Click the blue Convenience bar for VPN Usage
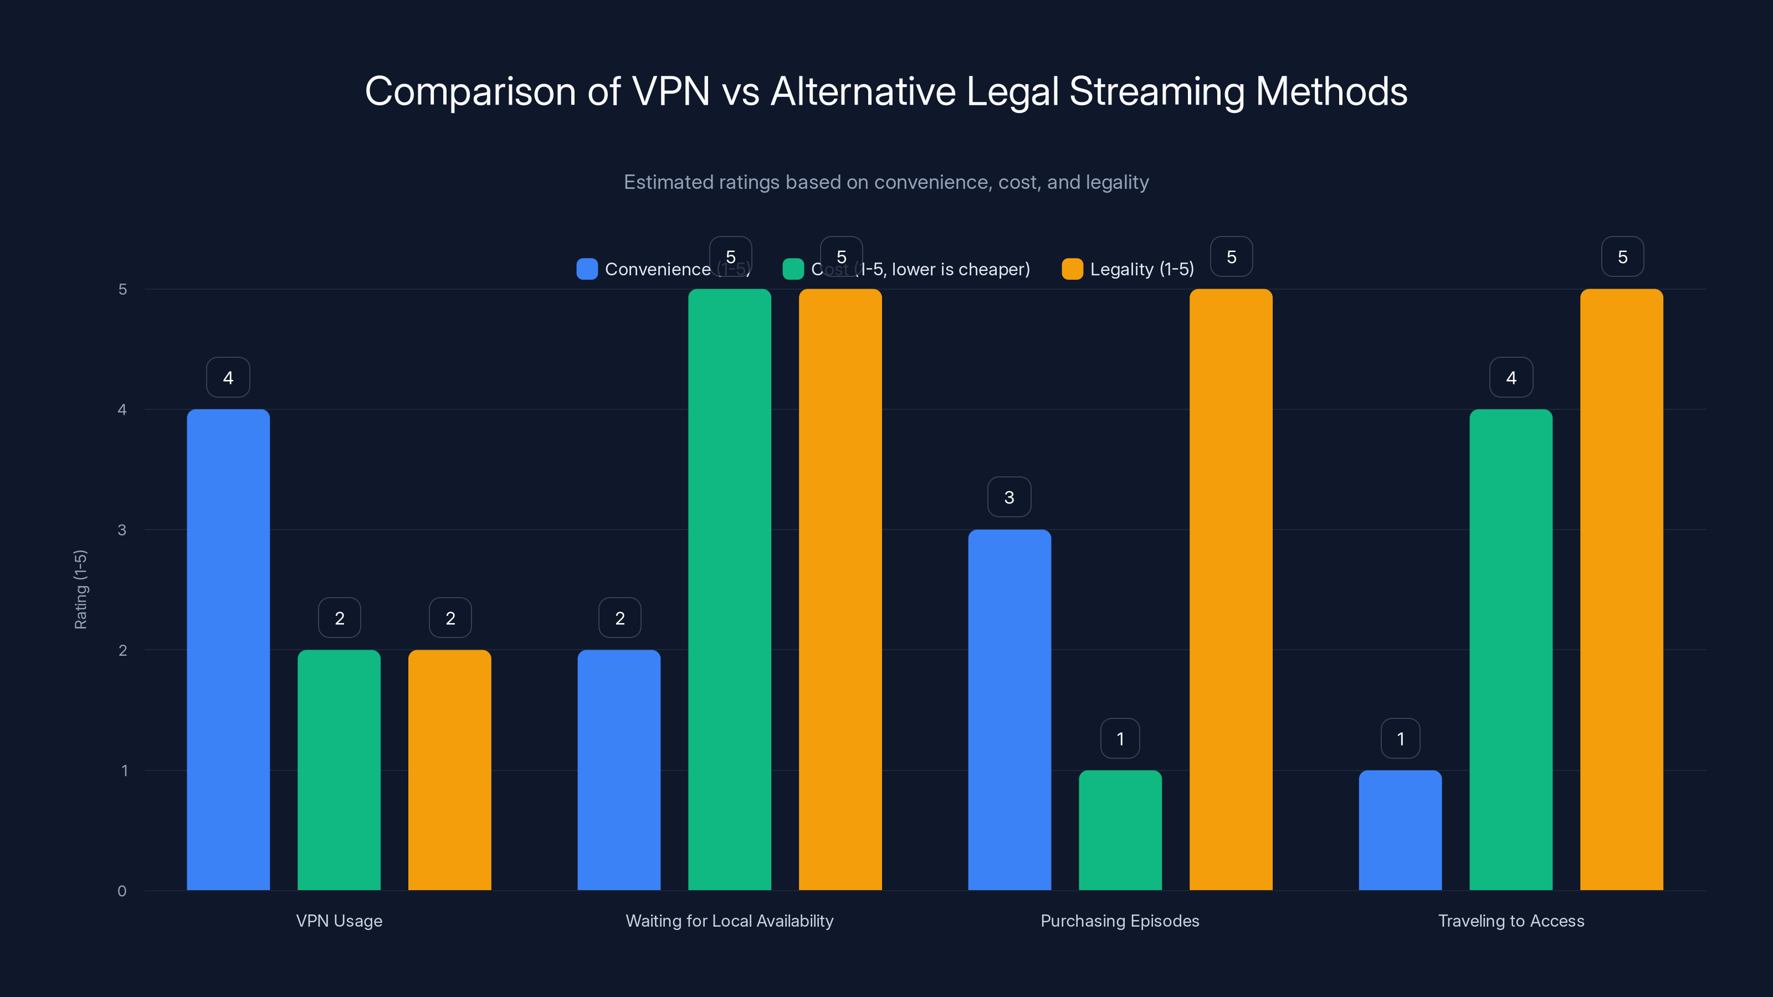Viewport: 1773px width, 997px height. (x=228, y=650)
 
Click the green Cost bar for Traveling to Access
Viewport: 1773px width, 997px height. (x=1511, y=650)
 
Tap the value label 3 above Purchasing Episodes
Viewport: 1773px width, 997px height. (x=1009, y=497)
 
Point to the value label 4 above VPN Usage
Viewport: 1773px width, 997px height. (x=228, y=377)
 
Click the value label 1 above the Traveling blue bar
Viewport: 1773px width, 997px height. (x=1400, y=738)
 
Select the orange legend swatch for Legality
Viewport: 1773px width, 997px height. (x=1072, y=269)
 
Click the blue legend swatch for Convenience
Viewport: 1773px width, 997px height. (x=586, y=269)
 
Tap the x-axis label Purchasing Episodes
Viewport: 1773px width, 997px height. (x=1120, y=921)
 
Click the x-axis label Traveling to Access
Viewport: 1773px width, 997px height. (x=1511, y=921)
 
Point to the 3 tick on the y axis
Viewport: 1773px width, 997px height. (x=122, y=530)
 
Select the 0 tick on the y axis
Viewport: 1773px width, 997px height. (x=122, y=891)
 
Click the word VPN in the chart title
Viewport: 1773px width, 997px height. (x=670, y=91)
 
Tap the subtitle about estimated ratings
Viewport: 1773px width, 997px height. (x=886, y=182)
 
